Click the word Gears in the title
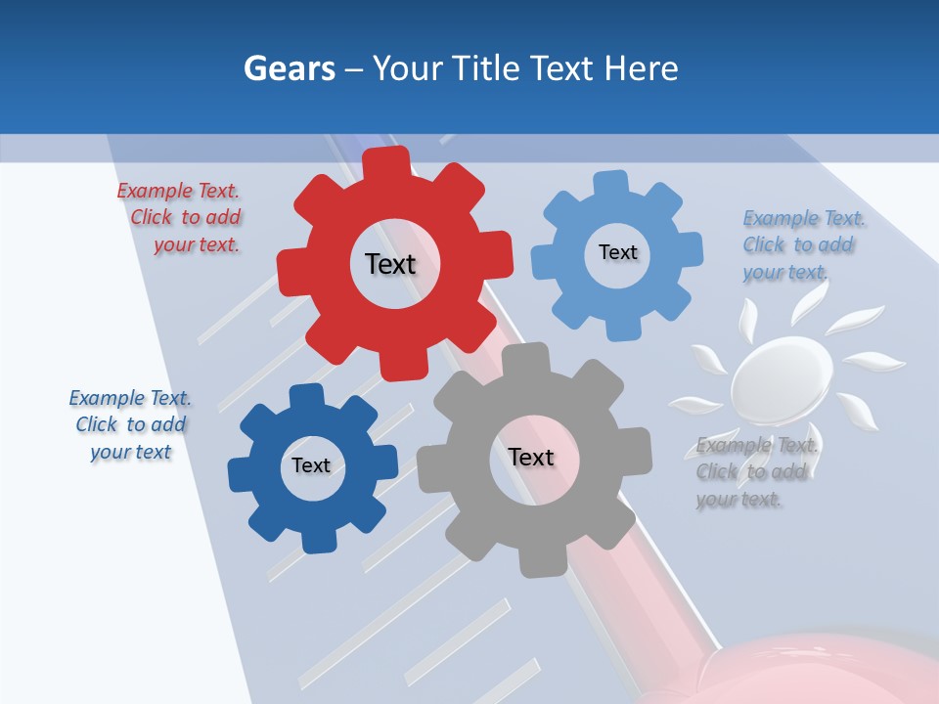coord(289,68)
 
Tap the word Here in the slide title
coord(642,68)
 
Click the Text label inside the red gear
coord(390,264)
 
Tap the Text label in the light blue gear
coord(617,252)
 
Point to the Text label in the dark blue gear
coord(311,465)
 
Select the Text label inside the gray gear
coord(531,457)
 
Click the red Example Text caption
coord(179,218)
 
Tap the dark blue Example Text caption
coord(130,424)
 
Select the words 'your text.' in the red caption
coord(197,245)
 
